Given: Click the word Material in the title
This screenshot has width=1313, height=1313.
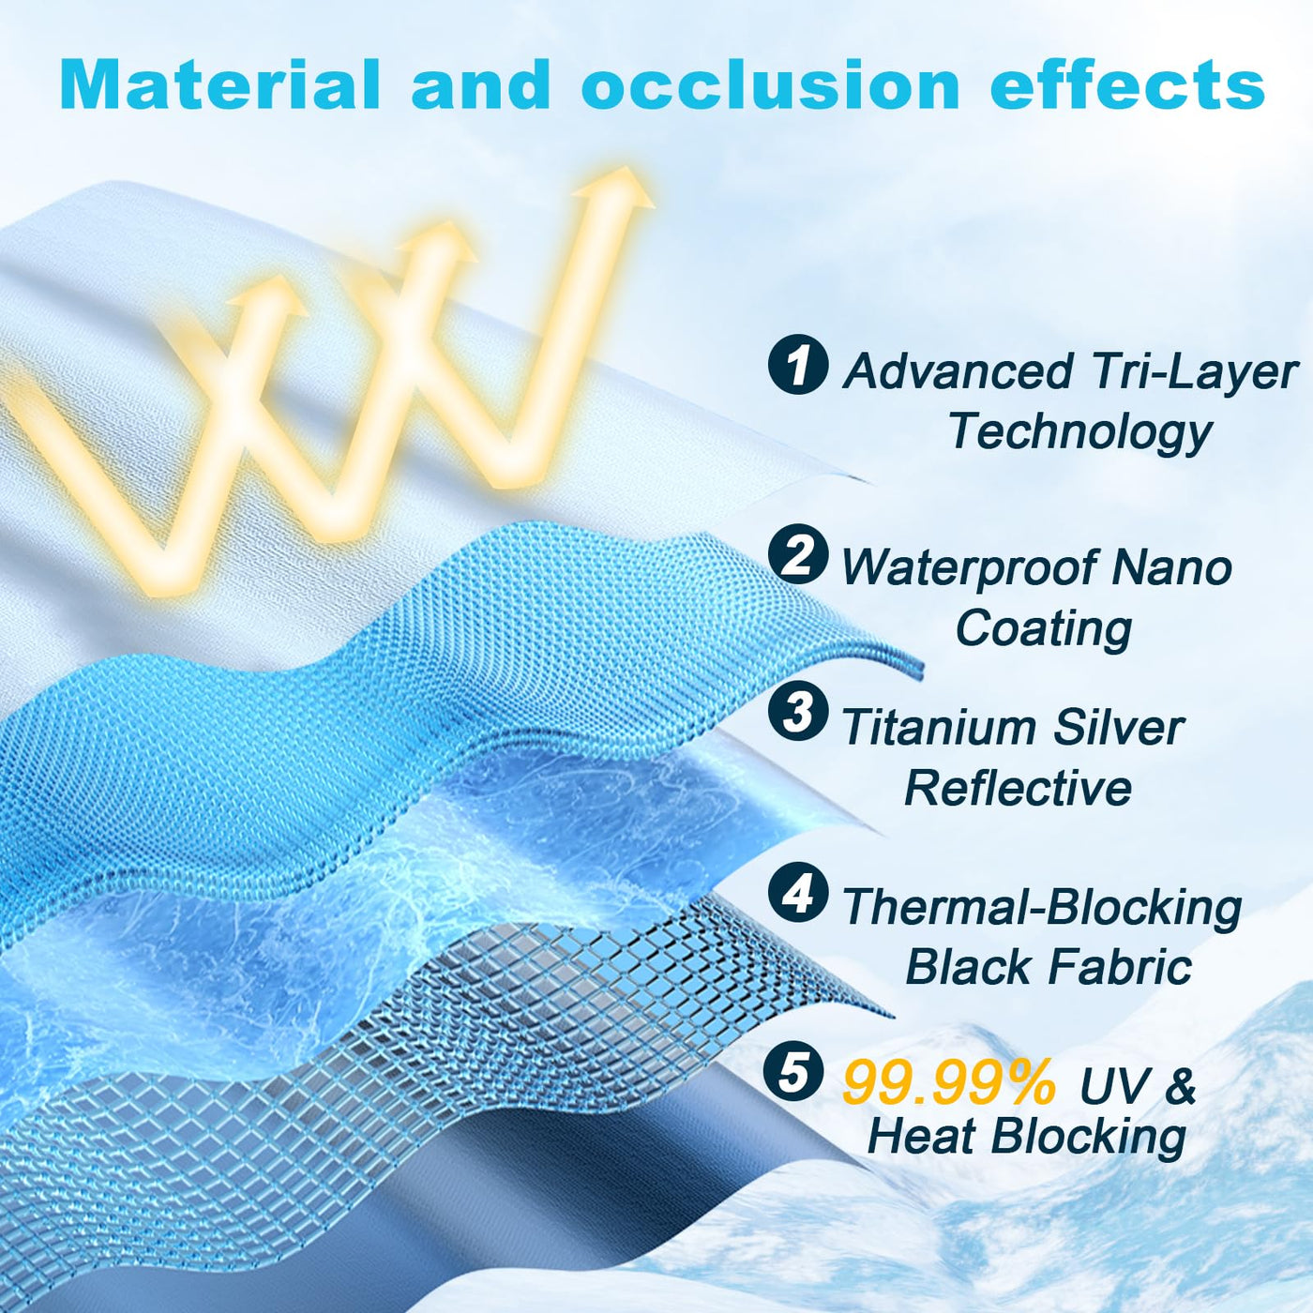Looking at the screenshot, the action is [219, 83].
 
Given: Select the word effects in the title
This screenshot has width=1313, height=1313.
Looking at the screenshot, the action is [1127, 83].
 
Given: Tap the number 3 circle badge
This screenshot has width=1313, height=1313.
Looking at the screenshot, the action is [798, 711].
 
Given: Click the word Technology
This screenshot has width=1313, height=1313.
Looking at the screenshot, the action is [1080, 433].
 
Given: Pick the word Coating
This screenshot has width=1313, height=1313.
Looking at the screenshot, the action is [1044, 629].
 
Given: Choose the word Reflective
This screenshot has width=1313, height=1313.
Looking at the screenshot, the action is [1018, 789].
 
